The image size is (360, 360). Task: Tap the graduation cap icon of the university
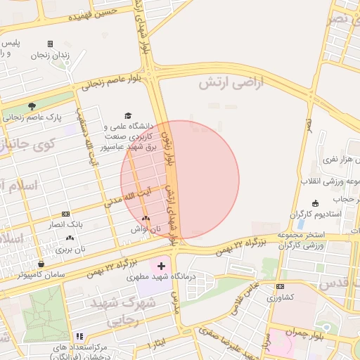tap(128, 116)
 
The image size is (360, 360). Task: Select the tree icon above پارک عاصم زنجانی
tap(32, 106)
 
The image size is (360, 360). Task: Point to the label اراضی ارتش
tap(229, 83)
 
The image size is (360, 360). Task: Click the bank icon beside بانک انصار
tap(65, 214)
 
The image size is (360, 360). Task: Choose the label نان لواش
tap(146, 229)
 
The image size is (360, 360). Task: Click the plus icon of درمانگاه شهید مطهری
tap(162, 266)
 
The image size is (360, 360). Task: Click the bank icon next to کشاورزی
tap(280, 286)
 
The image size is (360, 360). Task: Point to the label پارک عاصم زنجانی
tap(32, 117)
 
